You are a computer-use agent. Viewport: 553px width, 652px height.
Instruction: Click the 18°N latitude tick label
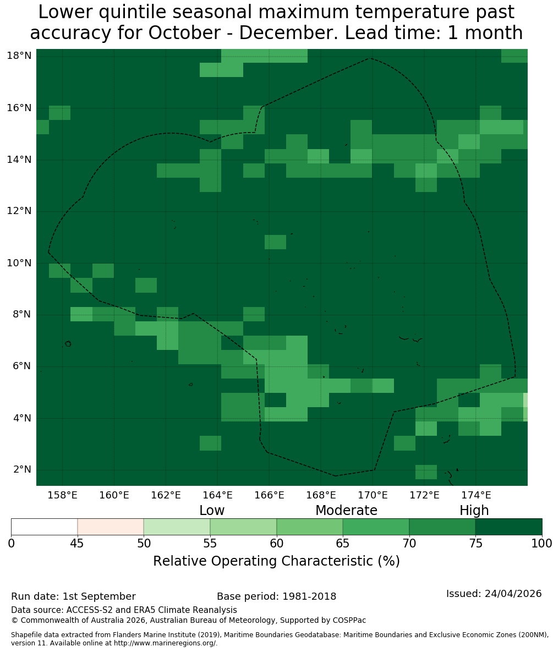click(19, 56)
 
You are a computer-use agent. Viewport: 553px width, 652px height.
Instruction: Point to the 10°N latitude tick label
click(19, 263)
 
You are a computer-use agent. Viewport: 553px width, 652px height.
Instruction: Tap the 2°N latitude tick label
click(22, 469)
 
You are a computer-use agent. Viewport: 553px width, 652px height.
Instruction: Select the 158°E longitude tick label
click(62, 495)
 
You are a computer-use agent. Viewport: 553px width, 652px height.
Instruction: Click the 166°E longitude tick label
click(269, 495)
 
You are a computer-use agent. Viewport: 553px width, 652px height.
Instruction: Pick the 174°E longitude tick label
click(476, 495)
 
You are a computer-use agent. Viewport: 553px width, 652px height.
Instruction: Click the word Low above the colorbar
click(212, 510)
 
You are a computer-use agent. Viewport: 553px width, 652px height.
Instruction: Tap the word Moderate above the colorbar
click(346, 510)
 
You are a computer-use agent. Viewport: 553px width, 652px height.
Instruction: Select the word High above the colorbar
click(474, 511)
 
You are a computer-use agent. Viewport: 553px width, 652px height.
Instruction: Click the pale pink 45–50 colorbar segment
click(111, 527)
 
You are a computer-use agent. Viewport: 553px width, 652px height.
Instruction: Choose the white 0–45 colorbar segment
click(45, 527)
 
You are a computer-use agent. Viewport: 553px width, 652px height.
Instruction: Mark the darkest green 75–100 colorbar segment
click(508, 527)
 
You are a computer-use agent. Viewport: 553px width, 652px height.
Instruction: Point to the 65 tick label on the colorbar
click(343, 544)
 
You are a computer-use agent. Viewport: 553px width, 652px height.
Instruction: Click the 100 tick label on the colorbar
click(542, 544)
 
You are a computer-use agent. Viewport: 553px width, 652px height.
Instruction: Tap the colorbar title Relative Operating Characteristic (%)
click(276, 561)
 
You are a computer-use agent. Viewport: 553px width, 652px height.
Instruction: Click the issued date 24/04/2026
click(513, 593)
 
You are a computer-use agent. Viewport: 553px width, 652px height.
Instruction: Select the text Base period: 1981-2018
click(276, 596)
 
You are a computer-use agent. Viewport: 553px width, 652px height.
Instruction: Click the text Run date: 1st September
click(74, 596)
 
